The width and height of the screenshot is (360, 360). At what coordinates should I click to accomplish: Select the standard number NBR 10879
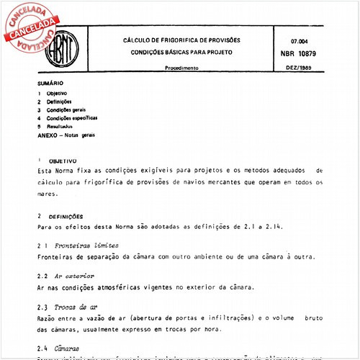tap(303, 54)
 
